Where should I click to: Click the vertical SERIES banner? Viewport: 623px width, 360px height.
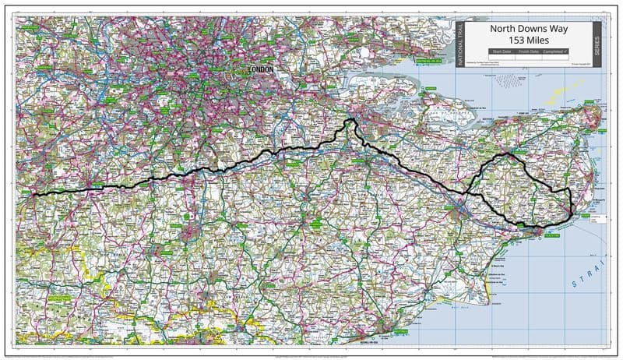(x=597, y=44)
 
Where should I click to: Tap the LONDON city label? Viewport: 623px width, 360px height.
(x=260, y=69)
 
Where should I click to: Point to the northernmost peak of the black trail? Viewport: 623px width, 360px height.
(x=350, y=119)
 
